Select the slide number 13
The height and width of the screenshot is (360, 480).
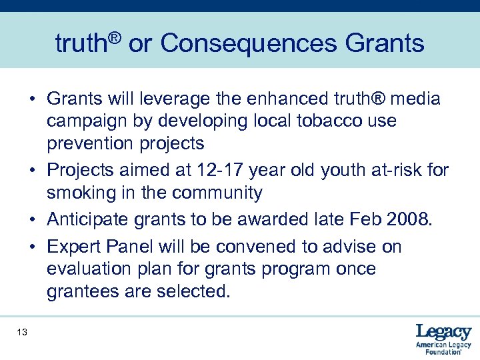pos(23,332)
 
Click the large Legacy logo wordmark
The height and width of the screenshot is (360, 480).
pos(443,331)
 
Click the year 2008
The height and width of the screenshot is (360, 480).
pos(407,220)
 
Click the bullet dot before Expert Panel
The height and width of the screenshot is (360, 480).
pos(33,247)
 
